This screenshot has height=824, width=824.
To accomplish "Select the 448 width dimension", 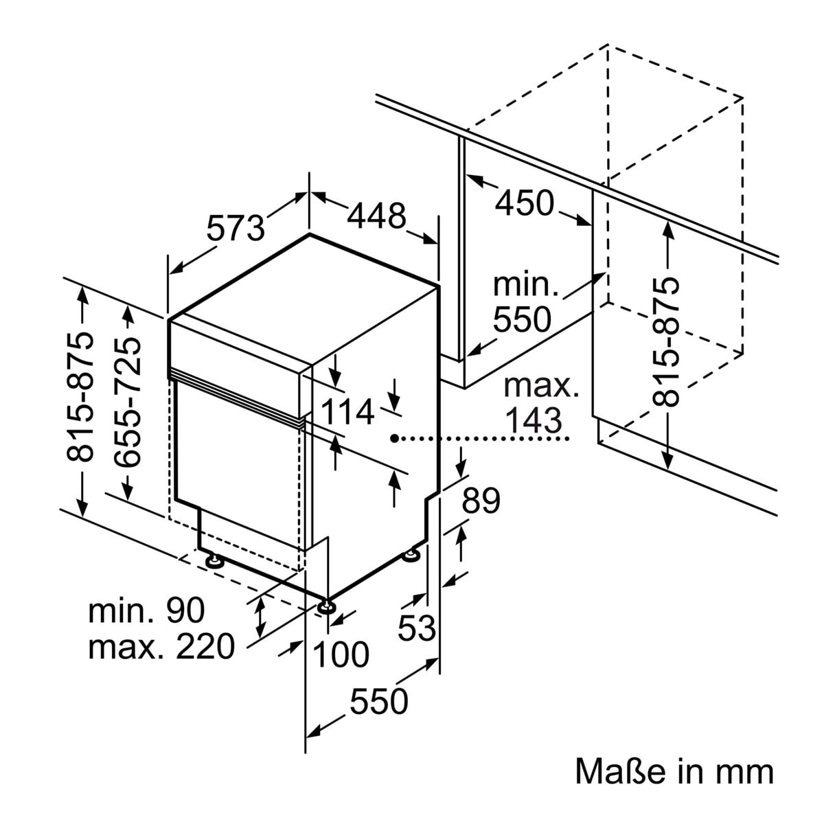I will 376,216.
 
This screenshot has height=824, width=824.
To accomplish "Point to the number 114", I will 348,413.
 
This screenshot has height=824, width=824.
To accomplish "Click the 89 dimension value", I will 481,501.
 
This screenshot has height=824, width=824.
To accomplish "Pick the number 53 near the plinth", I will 417,627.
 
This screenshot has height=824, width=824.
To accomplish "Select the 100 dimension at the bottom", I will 341,654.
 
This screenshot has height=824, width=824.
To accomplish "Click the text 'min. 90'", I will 147,610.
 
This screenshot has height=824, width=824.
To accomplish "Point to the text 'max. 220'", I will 161,647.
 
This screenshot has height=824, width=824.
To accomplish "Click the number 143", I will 533,420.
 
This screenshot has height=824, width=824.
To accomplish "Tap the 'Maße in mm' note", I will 674,771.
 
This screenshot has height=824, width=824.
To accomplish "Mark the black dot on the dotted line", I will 393,437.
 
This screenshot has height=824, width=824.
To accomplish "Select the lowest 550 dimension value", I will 379,702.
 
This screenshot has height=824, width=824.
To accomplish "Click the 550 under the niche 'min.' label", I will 523,319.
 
